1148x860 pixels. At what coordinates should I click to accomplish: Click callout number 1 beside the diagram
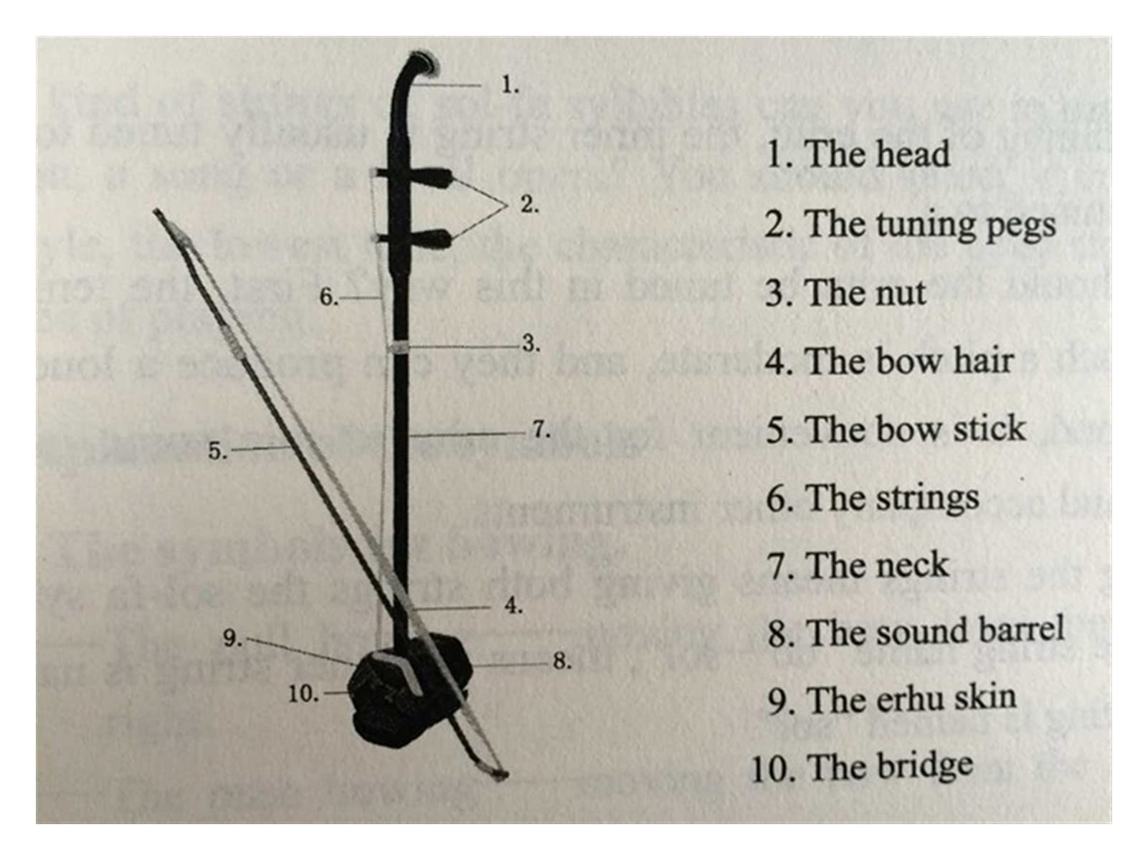[x=509, y=85]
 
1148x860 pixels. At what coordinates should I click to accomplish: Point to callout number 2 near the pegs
[x=528, y=205]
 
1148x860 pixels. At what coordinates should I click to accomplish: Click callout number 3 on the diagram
[x=530, y=344]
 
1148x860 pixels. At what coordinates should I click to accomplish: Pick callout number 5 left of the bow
[x=217, y=450]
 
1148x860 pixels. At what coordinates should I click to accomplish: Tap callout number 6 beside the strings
[x=328, y=296]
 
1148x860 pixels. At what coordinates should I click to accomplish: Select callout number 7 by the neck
[x=541, y=430]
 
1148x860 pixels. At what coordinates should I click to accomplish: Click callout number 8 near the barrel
[x=561, y=661]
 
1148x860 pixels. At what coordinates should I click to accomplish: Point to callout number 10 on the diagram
[x=303, y=694]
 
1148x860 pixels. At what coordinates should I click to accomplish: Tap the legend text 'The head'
[x=858, y=153]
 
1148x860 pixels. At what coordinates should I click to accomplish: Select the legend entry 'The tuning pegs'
[x=909, y=225]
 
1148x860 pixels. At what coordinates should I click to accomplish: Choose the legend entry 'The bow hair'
[x=889, y=361]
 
